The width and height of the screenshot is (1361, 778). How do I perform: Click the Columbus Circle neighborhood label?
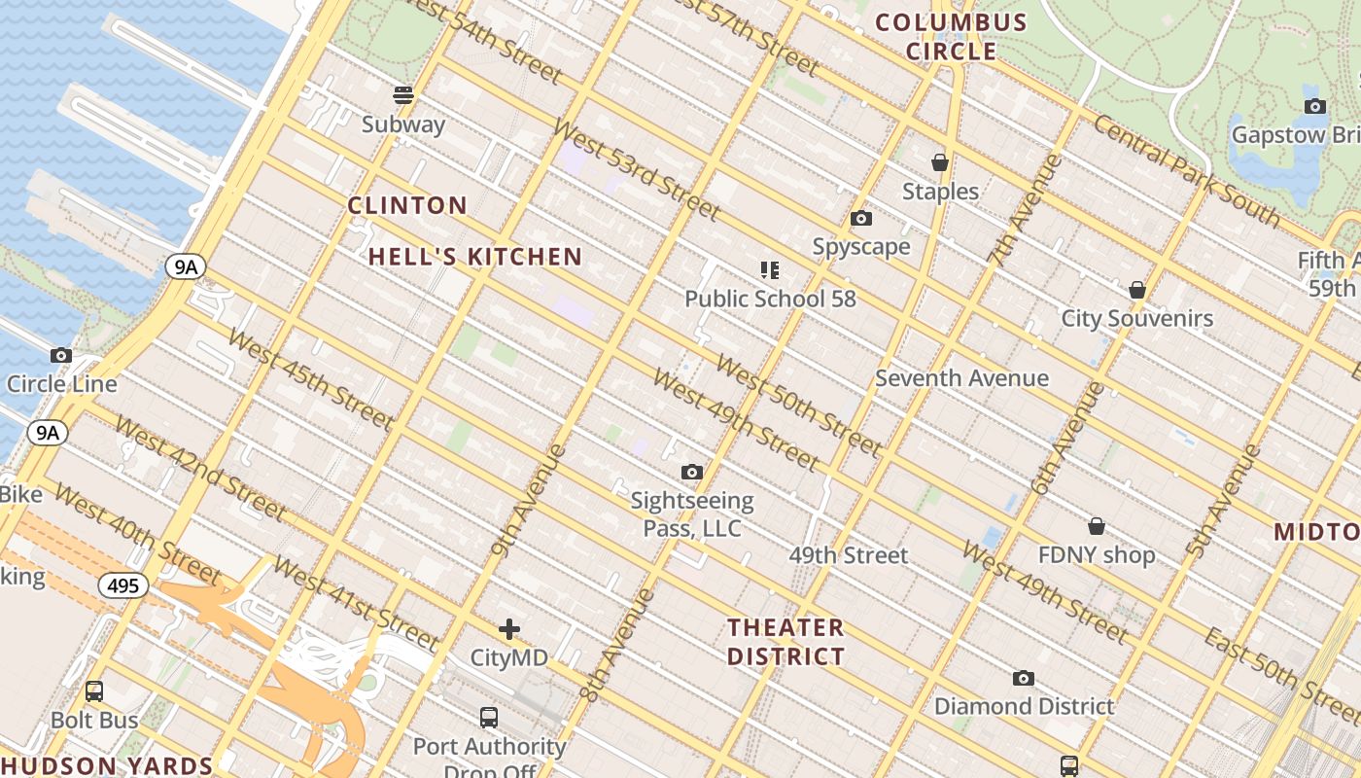pos(952,37)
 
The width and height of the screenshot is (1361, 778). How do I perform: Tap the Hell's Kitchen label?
pos(475,257)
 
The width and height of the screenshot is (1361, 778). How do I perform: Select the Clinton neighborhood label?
pos(407,205)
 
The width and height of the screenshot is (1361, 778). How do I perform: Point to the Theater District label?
pos(785,642)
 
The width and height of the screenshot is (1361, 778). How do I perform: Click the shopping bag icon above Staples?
pos(939,162)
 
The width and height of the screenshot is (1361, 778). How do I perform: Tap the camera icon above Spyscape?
pos(860,219)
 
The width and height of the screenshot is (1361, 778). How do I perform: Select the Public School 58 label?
pos(770,299)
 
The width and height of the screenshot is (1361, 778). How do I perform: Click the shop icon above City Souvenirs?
pos(1136,290)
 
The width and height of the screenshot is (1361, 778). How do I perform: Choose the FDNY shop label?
pos(1096,555)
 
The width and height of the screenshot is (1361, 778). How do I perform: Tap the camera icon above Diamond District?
pos(1023,678)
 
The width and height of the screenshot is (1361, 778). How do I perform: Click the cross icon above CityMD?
pos(508,629)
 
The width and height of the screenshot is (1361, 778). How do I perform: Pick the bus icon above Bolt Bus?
pos(94,691)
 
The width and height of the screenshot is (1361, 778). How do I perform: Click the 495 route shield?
pos(122,585)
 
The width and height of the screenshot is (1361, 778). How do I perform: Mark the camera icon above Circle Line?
pos(61,356)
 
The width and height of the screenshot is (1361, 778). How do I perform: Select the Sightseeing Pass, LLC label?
pos(691,514)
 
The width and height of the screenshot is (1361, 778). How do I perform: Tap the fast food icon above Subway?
pos(403,95)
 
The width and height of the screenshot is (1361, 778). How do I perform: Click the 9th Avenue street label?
pos(529,500)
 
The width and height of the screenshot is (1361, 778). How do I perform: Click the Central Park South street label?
pos(1186,169)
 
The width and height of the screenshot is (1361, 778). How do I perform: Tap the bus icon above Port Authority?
pos(489,718)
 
